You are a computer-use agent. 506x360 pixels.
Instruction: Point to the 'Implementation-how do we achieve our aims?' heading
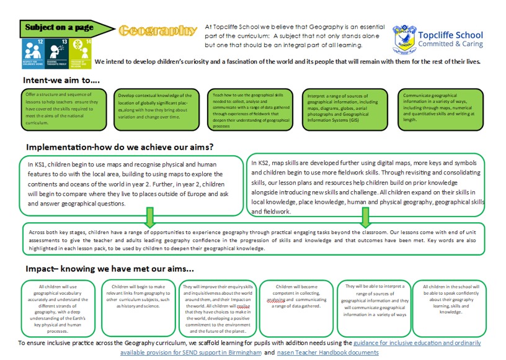click(120, 147)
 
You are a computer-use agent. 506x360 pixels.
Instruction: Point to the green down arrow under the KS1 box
click(150, 217)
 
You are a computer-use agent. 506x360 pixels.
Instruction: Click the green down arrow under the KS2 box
click(365, 217)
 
